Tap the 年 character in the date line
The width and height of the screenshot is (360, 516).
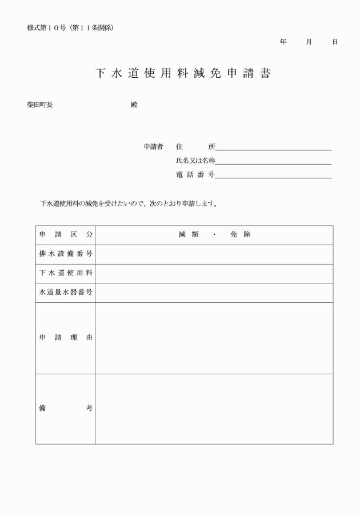[x=283, y=42]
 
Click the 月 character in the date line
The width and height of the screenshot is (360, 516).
[x=309, y=42]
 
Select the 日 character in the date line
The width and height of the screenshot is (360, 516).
[x=335, y=42]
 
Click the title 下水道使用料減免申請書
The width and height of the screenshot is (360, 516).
[x=183, y=74]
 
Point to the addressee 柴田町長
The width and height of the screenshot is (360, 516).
[x=40, y=105]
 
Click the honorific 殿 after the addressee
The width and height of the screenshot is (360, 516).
[x=134, y=105]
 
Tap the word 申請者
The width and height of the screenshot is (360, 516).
[x=154, y=147]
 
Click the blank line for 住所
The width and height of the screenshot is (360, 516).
[x=273, y=147]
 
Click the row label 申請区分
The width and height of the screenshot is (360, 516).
[x=66, y=235]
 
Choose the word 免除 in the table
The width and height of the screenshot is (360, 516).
[x=241, y=235]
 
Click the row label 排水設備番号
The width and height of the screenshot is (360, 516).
[x=66, y=254]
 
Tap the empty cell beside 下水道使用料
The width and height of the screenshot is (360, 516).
[x=214, y=274]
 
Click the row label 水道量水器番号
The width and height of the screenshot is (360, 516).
[x=66, y=293]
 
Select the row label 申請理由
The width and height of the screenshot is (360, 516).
[x=66, y=338]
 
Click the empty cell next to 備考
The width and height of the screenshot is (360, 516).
[x=214, y=409]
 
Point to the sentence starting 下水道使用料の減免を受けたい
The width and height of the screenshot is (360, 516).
[x=129, y=204]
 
